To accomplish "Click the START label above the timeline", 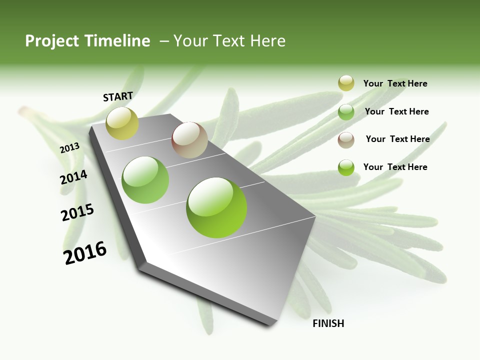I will coord(118,96).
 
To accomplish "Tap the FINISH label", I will coord(328,323).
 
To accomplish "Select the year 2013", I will coord(69,148).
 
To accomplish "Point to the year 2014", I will coord(73,177).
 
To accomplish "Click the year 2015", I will coord(77,212).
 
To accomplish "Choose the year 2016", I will coord(85,252).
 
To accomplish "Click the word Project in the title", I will coord(50,41).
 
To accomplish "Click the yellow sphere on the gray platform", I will coord(122,123).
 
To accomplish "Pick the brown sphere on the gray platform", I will coord(189,140).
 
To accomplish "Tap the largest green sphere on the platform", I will coord(216,207).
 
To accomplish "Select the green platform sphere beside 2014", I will coord(145,179).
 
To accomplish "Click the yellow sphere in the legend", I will coord(346,83).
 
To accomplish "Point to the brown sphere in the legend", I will coord(346,140).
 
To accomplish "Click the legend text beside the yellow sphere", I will coord(395,83).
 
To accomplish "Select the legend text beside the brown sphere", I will coord(397,139).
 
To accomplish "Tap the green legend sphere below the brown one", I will coord(346,167).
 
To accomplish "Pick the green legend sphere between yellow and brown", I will coord(346,112).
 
